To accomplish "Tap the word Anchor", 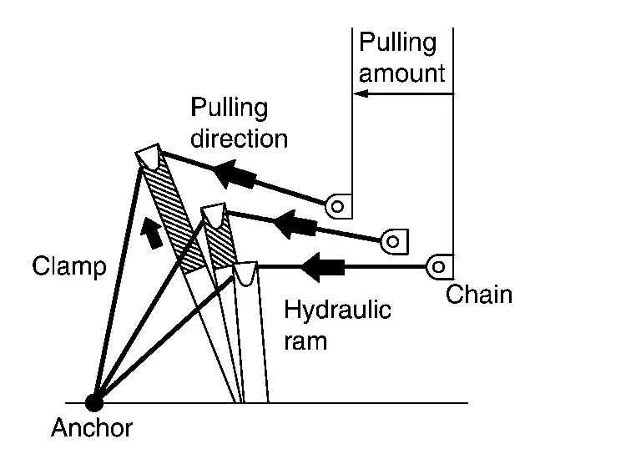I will click(92, 429).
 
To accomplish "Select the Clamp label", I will click(69, 267).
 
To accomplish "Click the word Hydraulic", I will click(337, 310).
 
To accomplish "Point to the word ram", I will click(305, 340).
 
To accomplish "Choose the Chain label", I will click(479, 295).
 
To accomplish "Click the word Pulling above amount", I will click(397, 43).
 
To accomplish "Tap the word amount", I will click(401, 73).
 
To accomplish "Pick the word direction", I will click(239, 138).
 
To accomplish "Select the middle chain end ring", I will click(394, 241).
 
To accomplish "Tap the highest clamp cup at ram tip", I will click(149, 156).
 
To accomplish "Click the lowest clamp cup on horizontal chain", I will click(245, 274).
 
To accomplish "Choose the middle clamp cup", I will click(214, 216).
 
